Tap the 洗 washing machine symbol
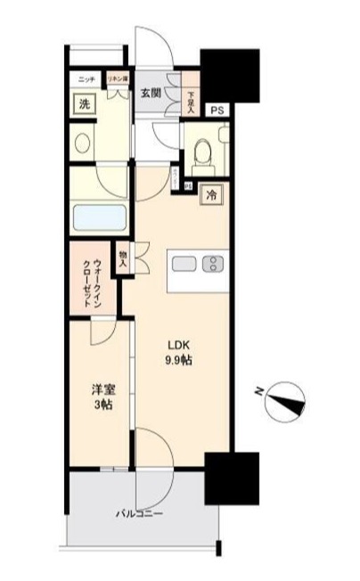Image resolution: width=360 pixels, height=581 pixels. [84, 104]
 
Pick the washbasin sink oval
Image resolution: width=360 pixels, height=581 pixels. [84, 143]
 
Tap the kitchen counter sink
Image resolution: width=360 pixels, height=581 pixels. [186, 264]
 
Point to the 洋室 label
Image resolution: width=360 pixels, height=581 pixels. [101, 389]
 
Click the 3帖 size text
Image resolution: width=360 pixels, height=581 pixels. [101, 405]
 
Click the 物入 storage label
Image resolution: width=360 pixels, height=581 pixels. [122, 258]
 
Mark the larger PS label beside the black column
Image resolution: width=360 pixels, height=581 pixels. [217, 110]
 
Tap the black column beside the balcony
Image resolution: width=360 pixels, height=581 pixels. [232, 478]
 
